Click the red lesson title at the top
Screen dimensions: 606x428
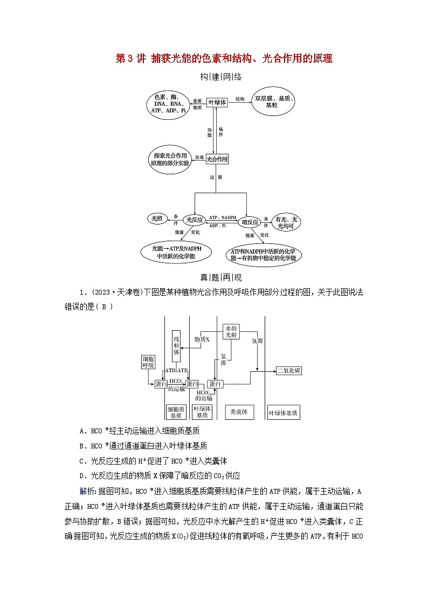(x=224, y=59)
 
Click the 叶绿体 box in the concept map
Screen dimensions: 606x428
(x=218, y=101)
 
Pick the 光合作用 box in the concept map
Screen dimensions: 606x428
(x=217, y=159)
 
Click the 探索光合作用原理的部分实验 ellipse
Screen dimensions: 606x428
(x=170, y=159)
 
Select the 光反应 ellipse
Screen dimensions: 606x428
(x=194, y=220)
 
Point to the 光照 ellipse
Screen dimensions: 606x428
(x=157, y=219)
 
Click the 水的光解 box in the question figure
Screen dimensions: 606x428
(x=231, y=331)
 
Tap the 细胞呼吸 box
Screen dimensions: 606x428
(x=148, y=362)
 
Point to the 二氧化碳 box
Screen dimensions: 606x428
(x=289, y=371)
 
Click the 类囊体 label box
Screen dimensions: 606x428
(x=239, y=412)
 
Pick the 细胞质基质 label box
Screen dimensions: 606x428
(x=176, y=412)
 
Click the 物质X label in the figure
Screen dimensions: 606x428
(x=202, y=339)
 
